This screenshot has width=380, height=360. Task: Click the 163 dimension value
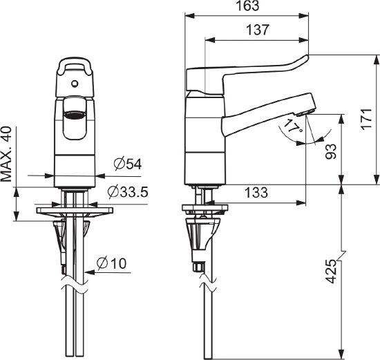(x=247, y=6)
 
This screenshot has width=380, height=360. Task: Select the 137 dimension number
(x=258, y=30)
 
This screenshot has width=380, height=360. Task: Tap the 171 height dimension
(x=367, y=119)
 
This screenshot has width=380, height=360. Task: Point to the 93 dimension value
(x=331, y=151)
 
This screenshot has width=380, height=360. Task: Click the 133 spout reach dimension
(x=256, y=193)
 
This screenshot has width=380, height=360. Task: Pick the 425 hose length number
(x=331, y=272)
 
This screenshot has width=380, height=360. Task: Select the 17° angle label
(x=294, y=126)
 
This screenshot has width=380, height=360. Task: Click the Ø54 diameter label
(x=128, y=164)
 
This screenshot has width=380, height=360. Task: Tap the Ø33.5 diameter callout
(x=128, y=192)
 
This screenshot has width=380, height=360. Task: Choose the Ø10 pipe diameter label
(x=111, y=263)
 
